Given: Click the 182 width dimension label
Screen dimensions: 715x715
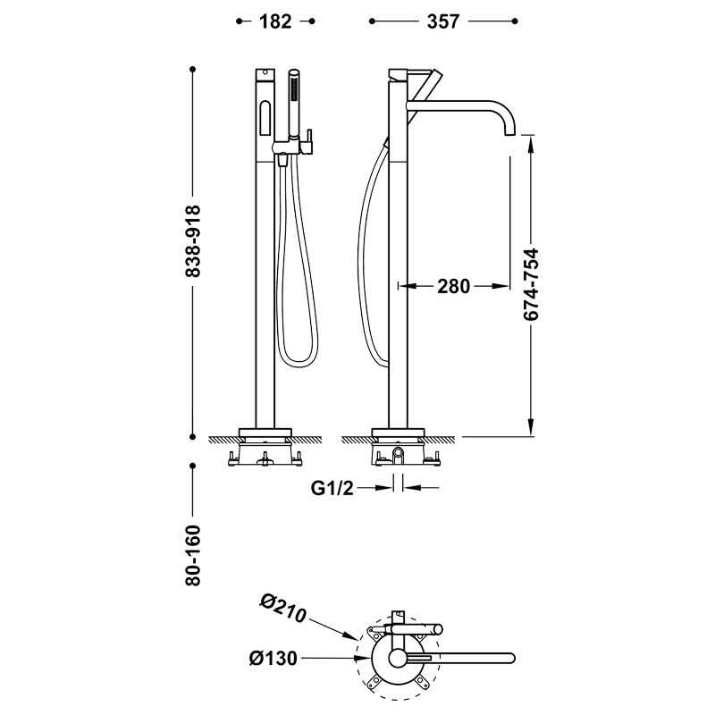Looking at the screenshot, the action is [x=275, y=21].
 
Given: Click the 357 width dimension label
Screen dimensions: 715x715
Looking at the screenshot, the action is [x=442, y=21].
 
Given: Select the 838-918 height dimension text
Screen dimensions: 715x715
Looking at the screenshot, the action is [x=193, y=241].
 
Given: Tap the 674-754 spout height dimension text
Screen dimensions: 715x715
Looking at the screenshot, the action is [x=531, y=284].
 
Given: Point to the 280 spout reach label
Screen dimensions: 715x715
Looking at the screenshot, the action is [x=453, y=286].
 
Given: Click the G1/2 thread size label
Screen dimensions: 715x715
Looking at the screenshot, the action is [x=332, y=488].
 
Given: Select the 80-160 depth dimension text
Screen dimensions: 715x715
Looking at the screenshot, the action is [x=193, y=555].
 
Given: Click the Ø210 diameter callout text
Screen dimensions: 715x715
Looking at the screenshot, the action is [x=283, y=609].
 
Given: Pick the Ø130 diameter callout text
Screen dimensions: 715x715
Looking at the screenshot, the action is [x=273, y=658].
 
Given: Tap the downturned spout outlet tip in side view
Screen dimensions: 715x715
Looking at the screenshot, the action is [x=509, y=133].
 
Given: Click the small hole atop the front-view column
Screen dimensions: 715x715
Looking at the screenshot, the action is [x=265, y=72].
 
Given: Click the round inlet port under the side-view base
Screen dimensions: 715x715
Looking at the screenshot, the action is [x=398, y=453].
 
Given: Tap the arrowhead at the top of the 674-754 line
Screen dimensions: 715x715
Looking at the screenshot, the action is [x=531, y=143].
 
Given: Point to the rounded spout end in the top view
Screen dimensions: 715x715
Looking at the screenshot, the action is [x=511, y=658].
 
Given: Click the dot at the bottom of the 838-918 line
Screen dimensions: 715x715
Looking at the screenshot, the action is [x=193, y=437].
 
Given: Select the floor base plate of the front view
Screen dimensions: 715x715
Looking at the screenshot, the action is [x=265, y=433].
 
